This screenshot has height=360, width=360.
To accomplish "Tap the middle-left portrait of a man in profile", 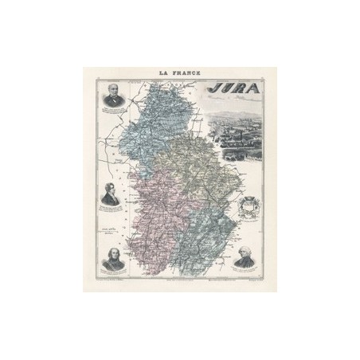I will point(112,196).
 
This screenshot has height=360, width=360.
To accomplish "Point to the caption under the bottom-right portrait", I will point(244,275).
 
